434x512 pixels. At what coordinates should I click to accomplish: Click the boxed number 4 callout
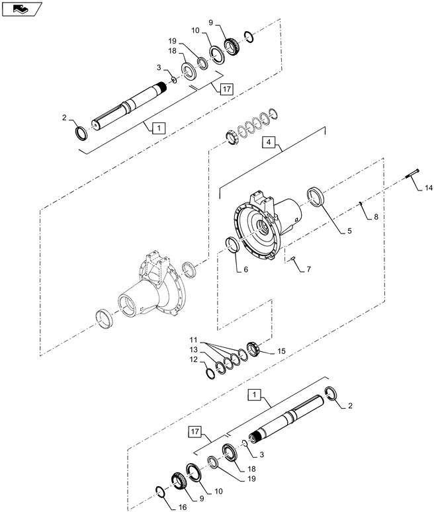269,142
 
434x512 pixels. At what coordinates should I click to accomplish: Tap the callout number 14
429,188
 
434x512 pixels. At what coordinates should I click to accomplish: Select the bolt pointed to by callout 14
412,173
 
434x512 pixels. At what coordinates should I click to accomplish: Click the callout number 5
349,231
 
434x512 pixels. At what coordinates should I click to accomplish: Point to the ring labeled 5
316,197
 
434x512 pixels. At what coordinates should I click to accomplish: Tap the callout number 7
308,269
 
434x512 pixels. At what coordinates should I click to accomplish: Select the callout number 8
376,217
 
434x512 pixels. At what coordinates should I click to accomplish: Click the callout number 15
281,351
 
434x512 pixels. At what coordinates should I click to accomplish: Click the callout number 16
183,507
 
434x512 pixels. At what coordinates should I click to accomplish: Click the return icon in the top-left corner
22,9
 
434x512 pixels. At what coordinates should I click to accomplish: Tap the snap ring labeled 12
211,372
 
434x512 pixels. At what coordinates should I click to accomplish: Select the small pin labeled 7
292,259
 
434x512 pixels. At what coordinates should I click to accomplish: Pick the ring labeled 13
220,368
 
